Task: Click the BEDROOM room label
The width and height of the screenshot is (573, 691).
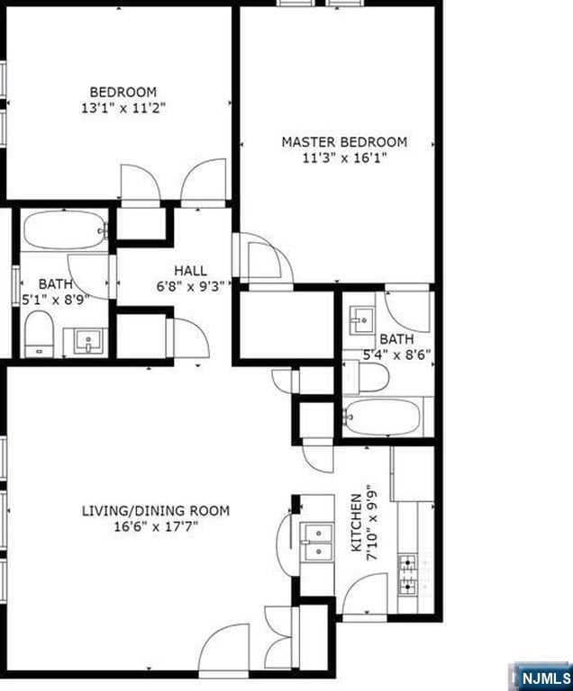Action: point(123,92)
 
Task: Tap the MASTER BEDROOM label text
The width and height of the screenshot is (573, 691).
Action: point(344,142)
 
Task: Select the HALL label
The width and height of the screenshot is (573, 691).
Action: point(190,270)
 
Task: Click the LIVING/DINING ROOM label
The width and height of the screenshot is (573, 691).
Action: point(155,511)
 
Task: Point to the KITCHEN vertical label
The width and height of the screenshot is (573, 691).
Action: point(356,522)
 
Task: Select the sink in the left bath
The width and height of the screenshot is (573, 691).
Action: point(88,341)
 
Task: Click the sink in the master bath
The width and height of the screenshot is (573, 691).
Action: point(363,317)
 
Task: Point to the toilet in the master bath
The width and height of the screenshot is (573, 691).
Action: point(367,380)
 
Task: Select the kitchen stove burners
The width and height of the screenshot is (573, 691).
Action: point(408,575)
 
